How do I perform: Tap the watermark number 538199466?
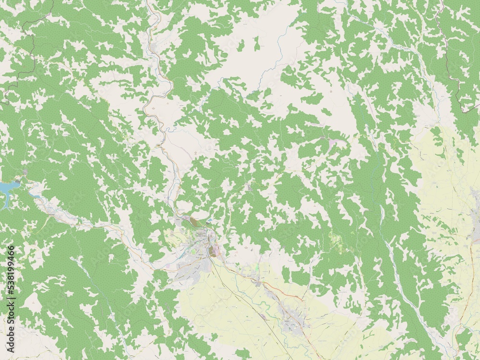point(11,278)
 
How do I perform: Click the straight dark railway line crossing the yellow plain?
point(240,293)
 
